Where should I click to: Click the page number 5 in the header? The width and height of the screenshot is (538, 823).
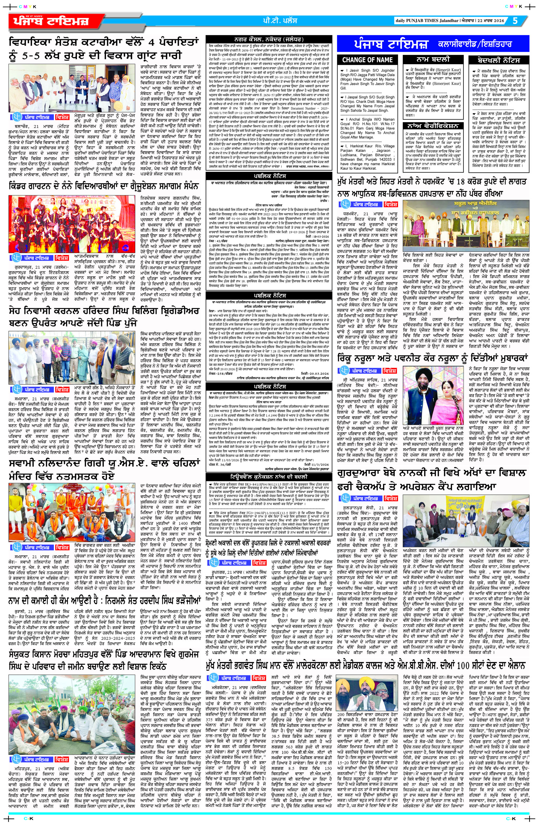click(x=515, y=21)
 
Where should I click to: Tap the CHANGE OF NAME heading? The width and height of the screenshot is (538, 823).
click(x=367, y=60)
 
